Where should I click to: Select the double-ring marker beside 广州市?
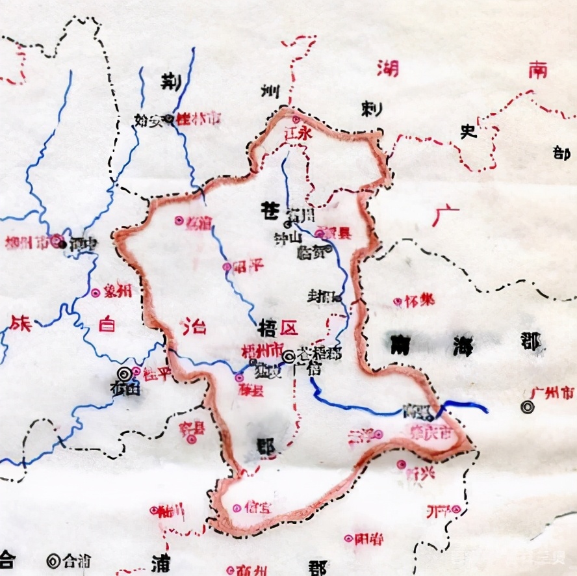[528, 407]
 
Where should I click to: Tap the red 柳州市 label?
[27, 242]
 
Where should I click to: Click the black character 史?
[467, 131]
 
